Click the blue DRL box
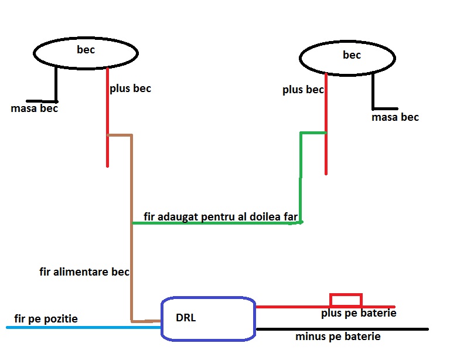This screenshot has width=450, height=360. [x=208, y=319]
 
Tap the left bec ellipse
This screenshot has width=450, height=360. [x=86, y=53]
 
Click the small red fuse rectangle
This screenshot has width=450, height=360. [x=346, y=300]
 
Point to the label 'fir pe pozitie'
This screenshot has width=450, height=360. [x=46, y=319]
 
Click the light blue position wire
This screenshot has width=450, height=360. [x=82, y=327]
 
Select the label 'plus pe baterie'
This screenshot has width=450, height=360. [x=359, y=314]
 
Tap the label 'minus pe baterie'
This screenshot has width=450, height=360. [x=338, y=337]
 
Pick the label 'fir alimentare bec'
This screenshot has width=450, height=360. [x=84, y=272]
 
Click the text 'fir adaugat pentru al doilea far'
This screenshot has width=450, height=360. [x=220, y=217]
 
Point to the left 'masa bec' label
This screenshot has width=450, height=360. [x=34, y=108]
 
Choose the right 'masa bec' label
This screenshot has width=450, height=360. [x=395, y=117]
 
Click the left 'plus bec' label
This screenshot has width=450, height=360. [x=130, y=89]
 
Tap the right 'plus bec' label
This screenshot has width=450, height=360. [x=303, y=90]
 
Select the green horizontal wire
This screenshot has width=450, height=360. [x=217, y=223]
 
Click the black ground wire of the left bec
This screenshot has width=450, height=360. [x=56, y=85]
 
